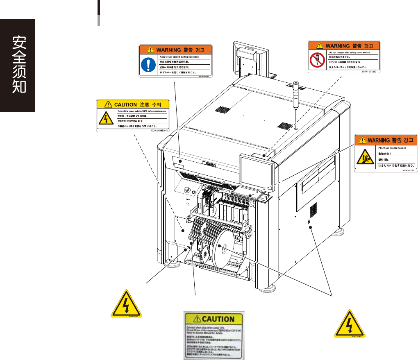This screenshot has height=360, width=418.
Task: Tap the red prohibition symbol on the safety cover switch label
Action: click(x=316, y=60)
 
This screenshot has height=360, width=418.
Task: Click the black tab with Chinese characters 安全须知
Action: click(x=17, y=65)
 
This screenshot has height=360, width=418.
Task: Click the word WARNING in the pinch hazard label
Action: click(x=378, y=140)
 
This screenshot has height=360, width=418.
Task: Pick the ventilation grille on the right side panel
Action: click(x=314, y=210)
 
